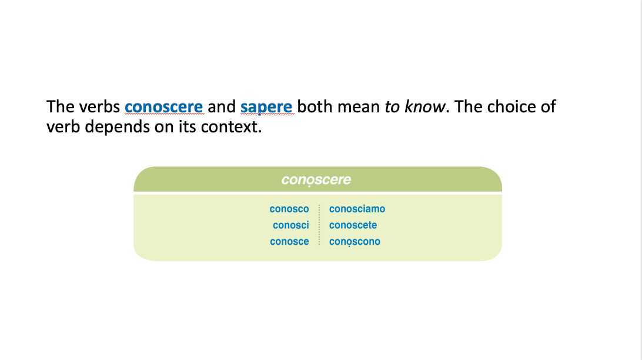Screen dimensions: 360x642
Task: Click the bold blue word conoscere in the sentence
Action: click(163, 107)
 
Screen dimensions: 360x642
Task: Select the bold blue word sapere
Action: click(266, 107)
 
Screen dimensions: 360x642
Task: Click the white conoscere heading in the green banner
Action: click(316, 179)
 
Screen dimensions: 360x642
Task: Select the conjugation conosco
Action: click(289, 209)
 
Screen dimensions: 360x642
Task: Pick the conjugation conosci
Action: click(291, 225)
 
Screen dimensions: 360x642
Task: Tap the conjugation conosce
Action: click(289, 242)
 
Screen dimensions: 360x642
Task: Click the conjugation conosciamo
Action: click(357, 209)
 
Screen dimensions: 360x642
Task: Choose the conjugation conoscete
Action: click(353, 225)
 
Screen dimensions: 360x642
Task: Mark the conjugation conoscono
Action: click(355, 242)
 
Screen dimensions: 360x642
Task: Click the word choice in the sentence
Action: click(506, 107)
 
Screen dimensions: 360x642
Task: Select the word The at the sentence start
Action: click(59, 107)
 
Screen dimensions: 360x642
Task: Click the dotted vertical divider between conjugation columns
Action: click(319, 225)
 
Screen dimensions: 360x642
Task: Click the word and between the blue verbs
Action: click(222, 107)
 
